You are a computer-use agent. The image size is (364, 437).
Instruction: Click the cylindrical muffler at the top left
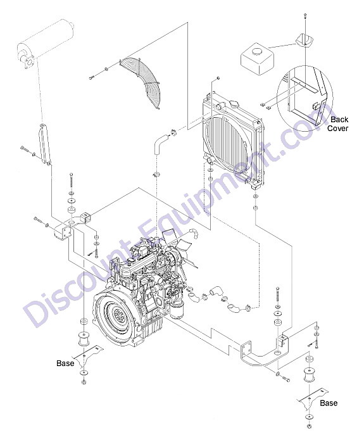click(46, 44)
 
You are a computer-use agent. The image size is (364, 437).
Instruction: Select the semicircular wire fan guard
click(142, 81)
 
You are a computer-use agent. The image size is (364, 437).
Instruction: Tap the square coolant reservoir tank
click(257, 58)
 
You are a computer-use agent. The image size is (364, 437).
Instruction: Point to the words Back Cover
click(338, 123)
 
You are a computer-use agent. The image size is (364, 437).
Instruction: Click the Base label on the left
click(65, 363)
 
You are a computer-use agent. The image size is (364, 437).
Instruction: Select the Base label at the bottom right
click(329, 403)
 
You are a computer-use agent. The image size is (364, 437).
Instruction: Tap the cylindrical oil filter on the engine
click(176, 311)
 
